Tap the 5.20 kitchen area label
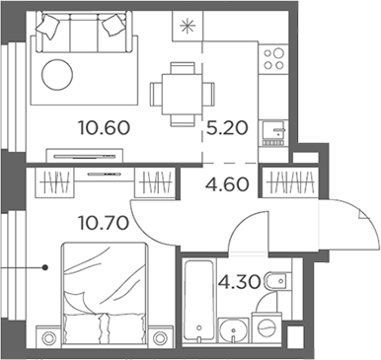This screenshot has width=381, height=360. click(226, 126)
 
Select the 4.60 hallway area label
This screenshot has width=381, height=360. click(225, 181)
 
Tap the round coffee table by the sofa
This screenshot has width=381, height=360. click(57, 76)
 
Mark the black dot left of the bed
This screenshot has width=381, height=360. click(45, 267)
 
